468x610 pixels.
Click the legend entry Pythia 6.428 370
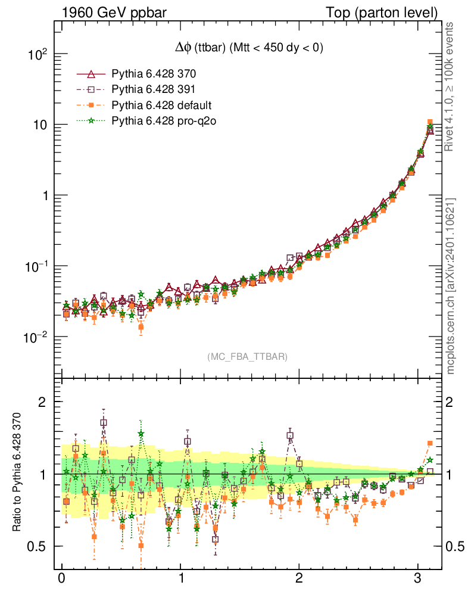tap(154, 74)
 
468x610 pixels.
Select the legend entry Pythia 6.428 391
tap(154, 90)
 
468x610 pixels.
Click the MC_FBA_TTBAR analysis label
tap(247, 357)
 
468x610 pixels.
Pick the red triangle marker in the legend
tap(91, 74)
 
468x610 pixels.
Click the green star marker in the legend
tap(91, 121)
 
